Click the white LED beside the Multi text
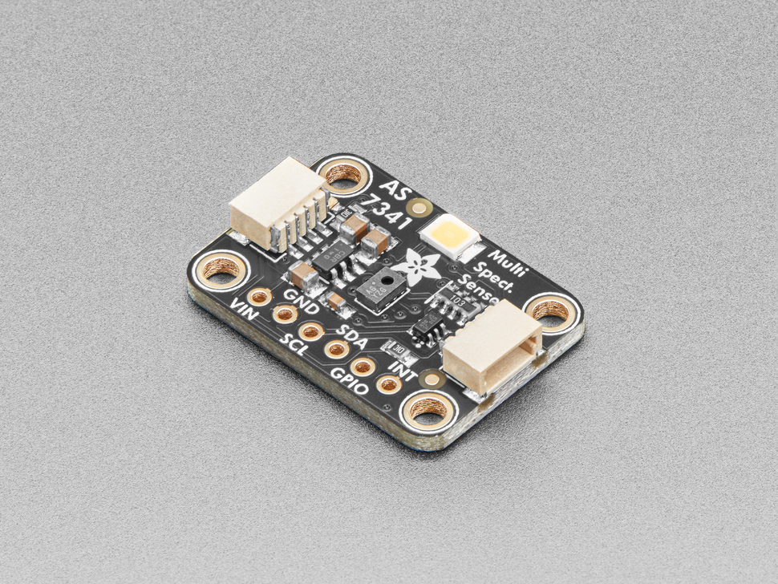448,236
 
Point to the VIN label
244,309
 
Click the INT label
401,370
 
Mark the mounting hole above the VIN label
222,269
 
